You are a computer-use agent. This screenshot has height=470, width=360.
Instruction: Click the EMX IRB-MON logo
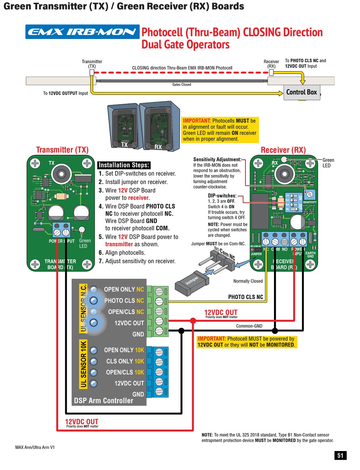coord(82,32)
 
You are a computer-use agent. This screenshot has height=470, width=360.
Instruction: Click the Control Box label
coord(302,92)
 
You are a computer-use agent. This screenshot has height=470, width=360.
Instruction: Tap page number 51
coord(340,456)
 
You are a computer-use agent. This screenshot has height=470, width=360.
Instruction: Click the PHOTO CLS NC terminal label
coord(124,301)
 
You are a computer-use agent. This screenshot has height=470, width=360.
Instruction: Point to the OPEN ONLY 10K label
coord(124,350)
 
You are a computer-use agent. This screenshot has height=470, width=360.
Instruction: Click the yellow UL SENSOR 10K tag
coord(84,364)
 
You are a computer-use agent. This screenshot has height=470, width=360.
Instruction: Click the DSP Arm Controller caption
coord(103,400)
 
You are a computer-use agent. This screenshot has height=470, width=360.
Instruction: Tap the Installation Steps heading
coord(124,165)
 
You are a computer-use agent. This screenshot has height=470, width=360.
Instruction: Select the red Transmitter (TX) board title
coord(62,150)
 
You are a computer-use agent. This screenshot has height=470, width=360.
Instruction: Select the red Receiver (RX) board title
coord(283,150)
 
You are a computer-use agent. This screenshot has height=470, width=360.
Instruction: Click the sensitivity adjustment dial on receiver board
coord(310,194)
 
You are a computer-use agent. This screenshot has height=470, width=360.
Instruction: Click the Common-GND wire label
coord(249,326)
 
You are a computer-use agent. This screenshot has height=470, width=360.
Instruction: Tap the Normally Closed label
coord(248,281)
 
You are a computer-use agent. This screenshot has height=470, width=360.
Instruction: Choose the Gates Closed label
coord(182,84)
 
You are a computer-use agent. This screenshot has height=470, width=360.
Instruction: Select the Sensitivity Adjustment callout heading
coord(217,159)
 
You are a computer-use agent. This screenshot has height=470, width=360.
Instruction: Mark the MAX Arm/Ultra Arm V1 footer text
coord(35,447)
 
